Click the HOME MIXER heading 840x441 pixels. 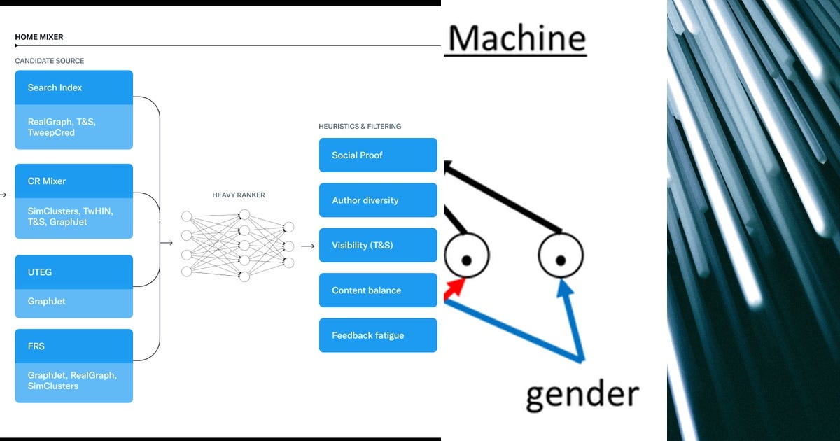pos(39,37)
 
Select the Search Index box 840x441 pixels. pos(73,87)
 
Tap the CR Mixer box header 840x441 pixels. pos(73,181)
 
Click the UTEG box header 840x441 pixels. pos(73,272)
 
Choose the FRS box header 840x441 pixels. pos(73,346)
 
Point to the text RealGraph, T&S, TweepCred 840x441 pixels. pos(62,127)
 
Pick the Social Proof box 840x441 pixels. pos(378,155)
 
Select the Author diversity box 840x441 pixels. pos(378,200)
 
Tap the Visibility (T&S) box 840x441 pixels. pos(378,245)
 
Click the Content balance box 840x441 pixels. pos(378,290)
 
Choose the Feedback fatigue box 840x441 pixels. pos(378,335)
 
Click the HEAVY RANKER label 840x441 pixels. pos(239,195)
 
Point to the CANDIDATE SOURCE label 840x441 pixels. pos(50,62)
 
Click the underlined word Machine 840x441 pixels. pos(516,38)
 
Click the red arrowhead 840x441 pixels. pos(456,286)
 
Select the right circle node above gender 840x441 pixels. pos(561,255)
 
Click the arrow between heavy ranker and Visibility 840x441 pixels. pos(307,246)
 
